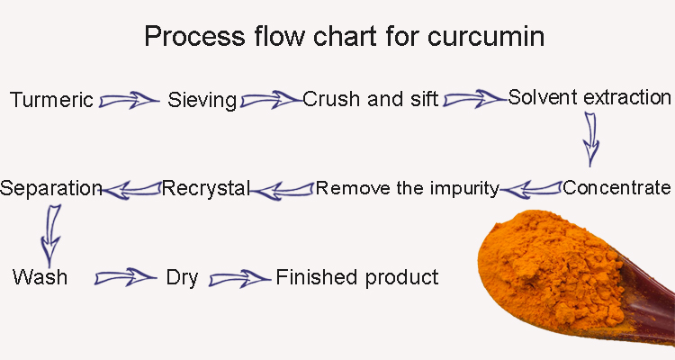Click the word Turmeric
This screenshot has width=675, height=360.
[51, 100]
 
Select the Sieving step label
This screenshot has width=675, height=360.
[202, 100]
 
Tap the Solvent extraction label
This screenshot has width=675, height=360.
[589, 97]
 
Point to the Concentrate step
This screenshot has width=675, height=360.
[616, 188]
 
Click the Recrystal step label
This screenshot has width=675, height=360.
[206, 188]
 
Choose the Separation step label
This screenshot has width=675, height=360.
[50, 189]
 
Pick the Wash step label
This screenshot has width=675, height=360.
[40, 277]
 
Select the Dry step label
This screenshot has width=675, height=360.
[182, 278]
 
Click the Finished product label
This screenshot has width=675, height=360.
[357, 277]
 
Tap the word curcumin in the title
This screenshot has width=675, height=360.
[486, 36]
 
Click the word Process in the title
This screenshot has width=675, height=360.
[194, 36]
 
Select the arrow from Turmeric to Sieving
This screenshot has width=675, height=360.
[129, 100]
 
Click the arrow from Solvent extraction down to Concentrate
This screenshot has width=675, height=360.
[590, 139]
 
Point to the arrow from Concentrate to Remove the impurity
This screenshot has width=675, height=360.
[531, 190]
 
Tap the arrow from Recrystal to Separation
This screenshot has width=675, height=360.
[131, 190]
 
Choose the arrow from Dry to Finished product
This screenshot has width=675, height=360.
[239, 279]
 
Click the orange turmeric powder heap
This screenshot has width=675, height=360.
[551, 265]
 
